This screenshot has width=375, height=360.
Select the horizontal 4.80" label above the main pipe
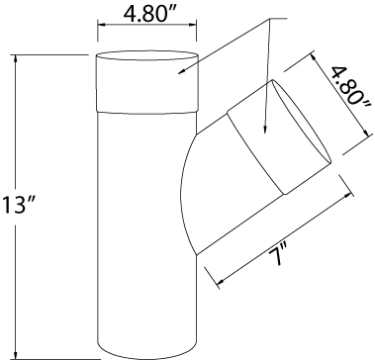point(147,14)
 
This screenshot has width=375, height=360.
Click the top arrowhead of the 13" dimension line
point(15,58)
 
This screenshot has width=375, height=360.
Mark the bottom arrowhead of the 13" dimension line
point(15,355)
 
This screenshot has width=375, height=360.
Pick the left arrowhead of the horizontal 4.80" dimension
point(102,25)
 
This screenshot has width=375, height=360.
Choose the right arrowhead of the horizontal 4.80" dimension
point(192,25)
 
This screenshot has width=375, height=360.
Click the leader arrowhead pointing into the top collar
point(181,71)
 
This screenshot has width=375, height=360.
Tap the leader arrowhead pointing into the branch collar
point(264,131)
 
